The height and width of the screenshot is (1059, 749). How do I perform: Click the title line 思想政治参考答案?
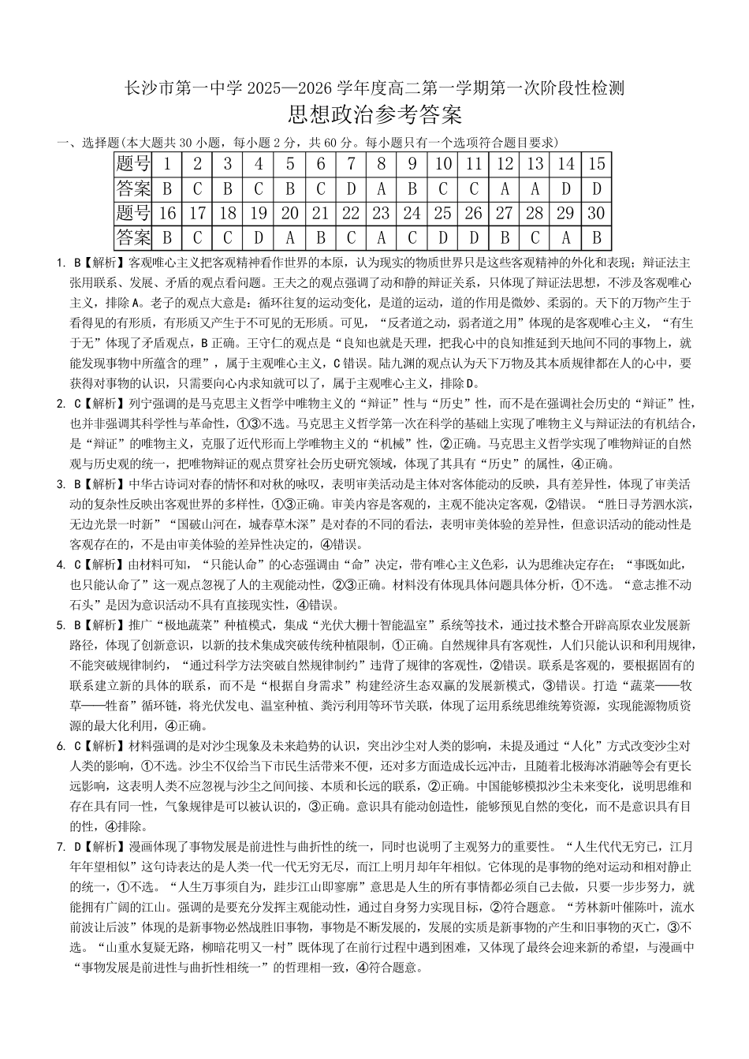tap(374, 116)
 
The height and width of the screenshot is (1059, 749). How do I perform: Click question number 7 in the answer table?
tap(352, 164)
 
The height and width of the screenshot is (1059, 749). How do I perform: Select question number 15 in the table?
tap(597, 164)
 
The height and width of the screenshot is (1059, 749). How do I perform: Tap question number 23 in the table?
tap(382, 213)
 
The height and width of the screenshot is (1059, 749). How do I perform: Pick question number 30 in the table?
tap(597, 213)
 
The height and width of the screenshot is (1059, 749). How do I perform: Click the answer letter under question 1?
tap(167, 189)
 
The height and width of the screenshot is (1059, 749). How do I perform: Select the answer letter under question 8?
tap(382, 189)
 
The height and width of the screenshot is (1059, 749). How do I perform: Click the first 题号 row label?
tap(132, 164)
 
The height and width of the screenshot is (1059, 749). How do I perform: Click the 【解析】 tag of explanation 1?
tap(106, 262)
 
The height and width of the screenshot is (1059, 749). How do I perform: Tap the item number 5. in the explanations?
tap(61, 625)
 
